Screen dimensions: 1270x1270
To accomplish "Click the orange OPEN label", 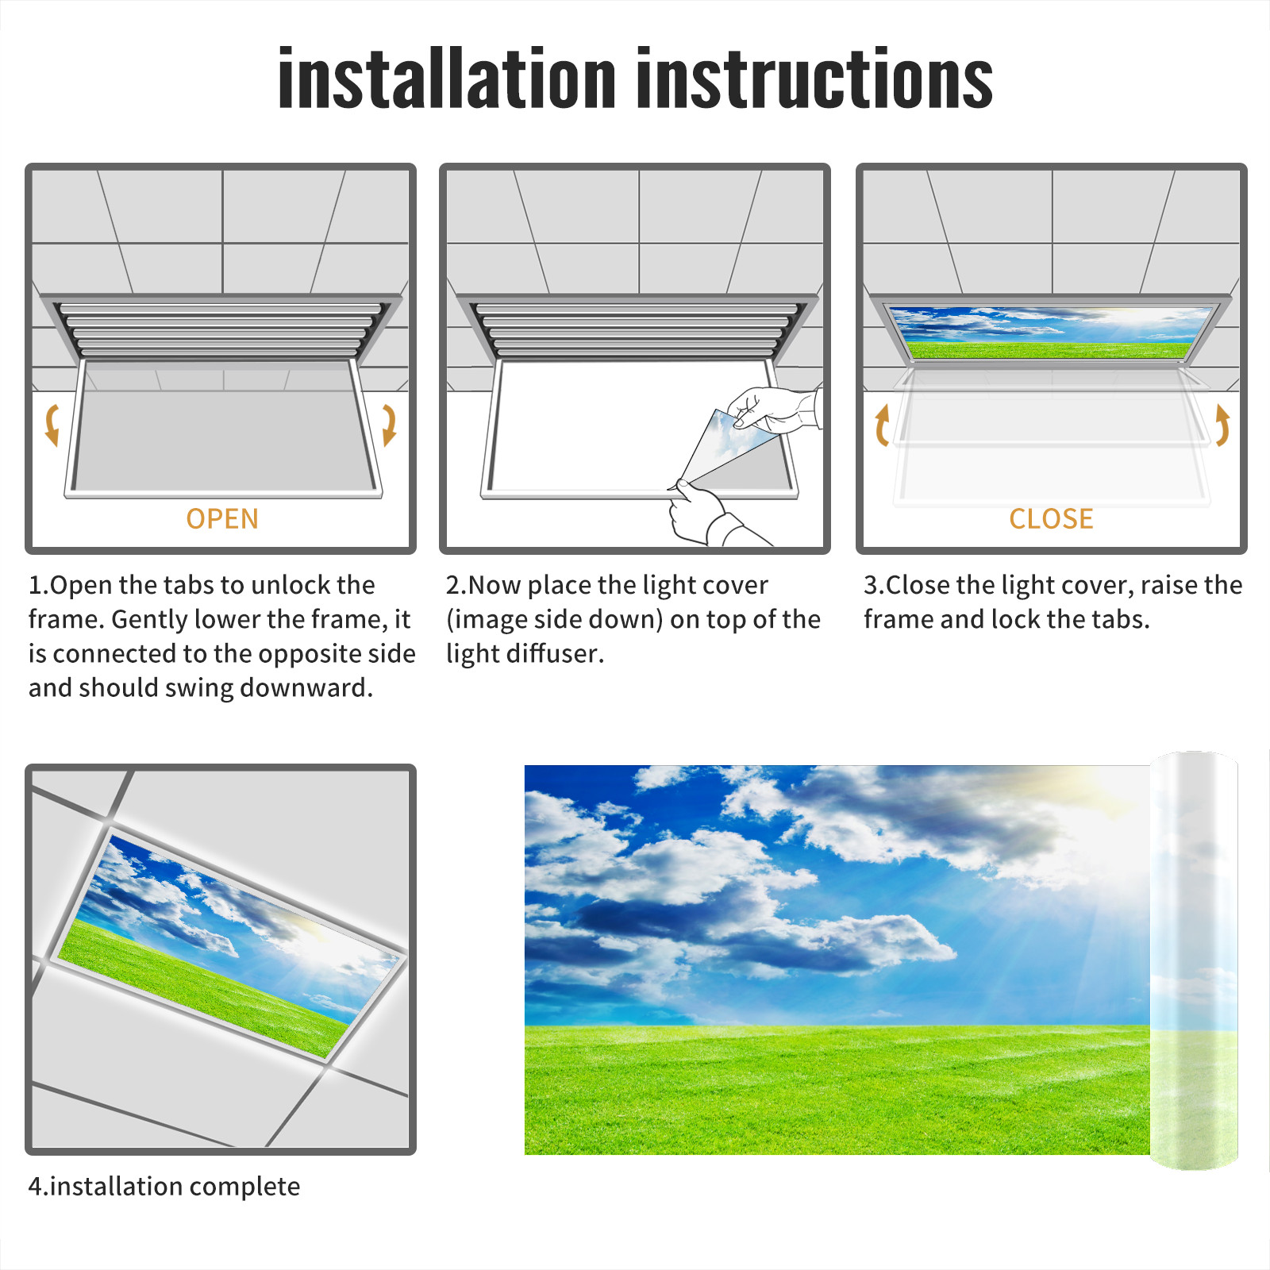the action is point(222,519).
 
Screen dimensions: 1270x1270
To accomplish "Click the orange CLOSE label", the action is point(1051,519).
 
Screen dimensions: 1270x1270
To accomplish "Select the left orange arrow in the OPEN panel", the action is point(52,425).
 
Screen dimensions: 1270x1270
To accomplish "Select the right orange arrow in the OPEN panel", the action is point(389,425).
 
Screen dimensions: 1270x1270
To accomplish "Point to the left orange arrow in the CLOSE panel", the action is point(882,425).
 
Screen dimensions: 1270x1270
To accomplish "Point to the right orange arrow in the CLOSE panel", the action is point(1222,425).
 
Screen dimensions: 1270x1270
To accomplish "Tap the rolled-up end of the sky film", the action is point(1194,960).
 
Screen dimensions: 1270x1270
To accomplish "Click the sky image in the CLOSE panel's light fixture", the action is point(1051,332).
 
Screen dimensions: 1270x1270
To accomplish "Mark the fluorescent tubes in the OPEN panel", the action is point(221,329).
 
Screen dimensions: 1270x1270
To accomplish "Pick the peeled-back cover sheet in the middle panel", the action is point(726,448).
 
